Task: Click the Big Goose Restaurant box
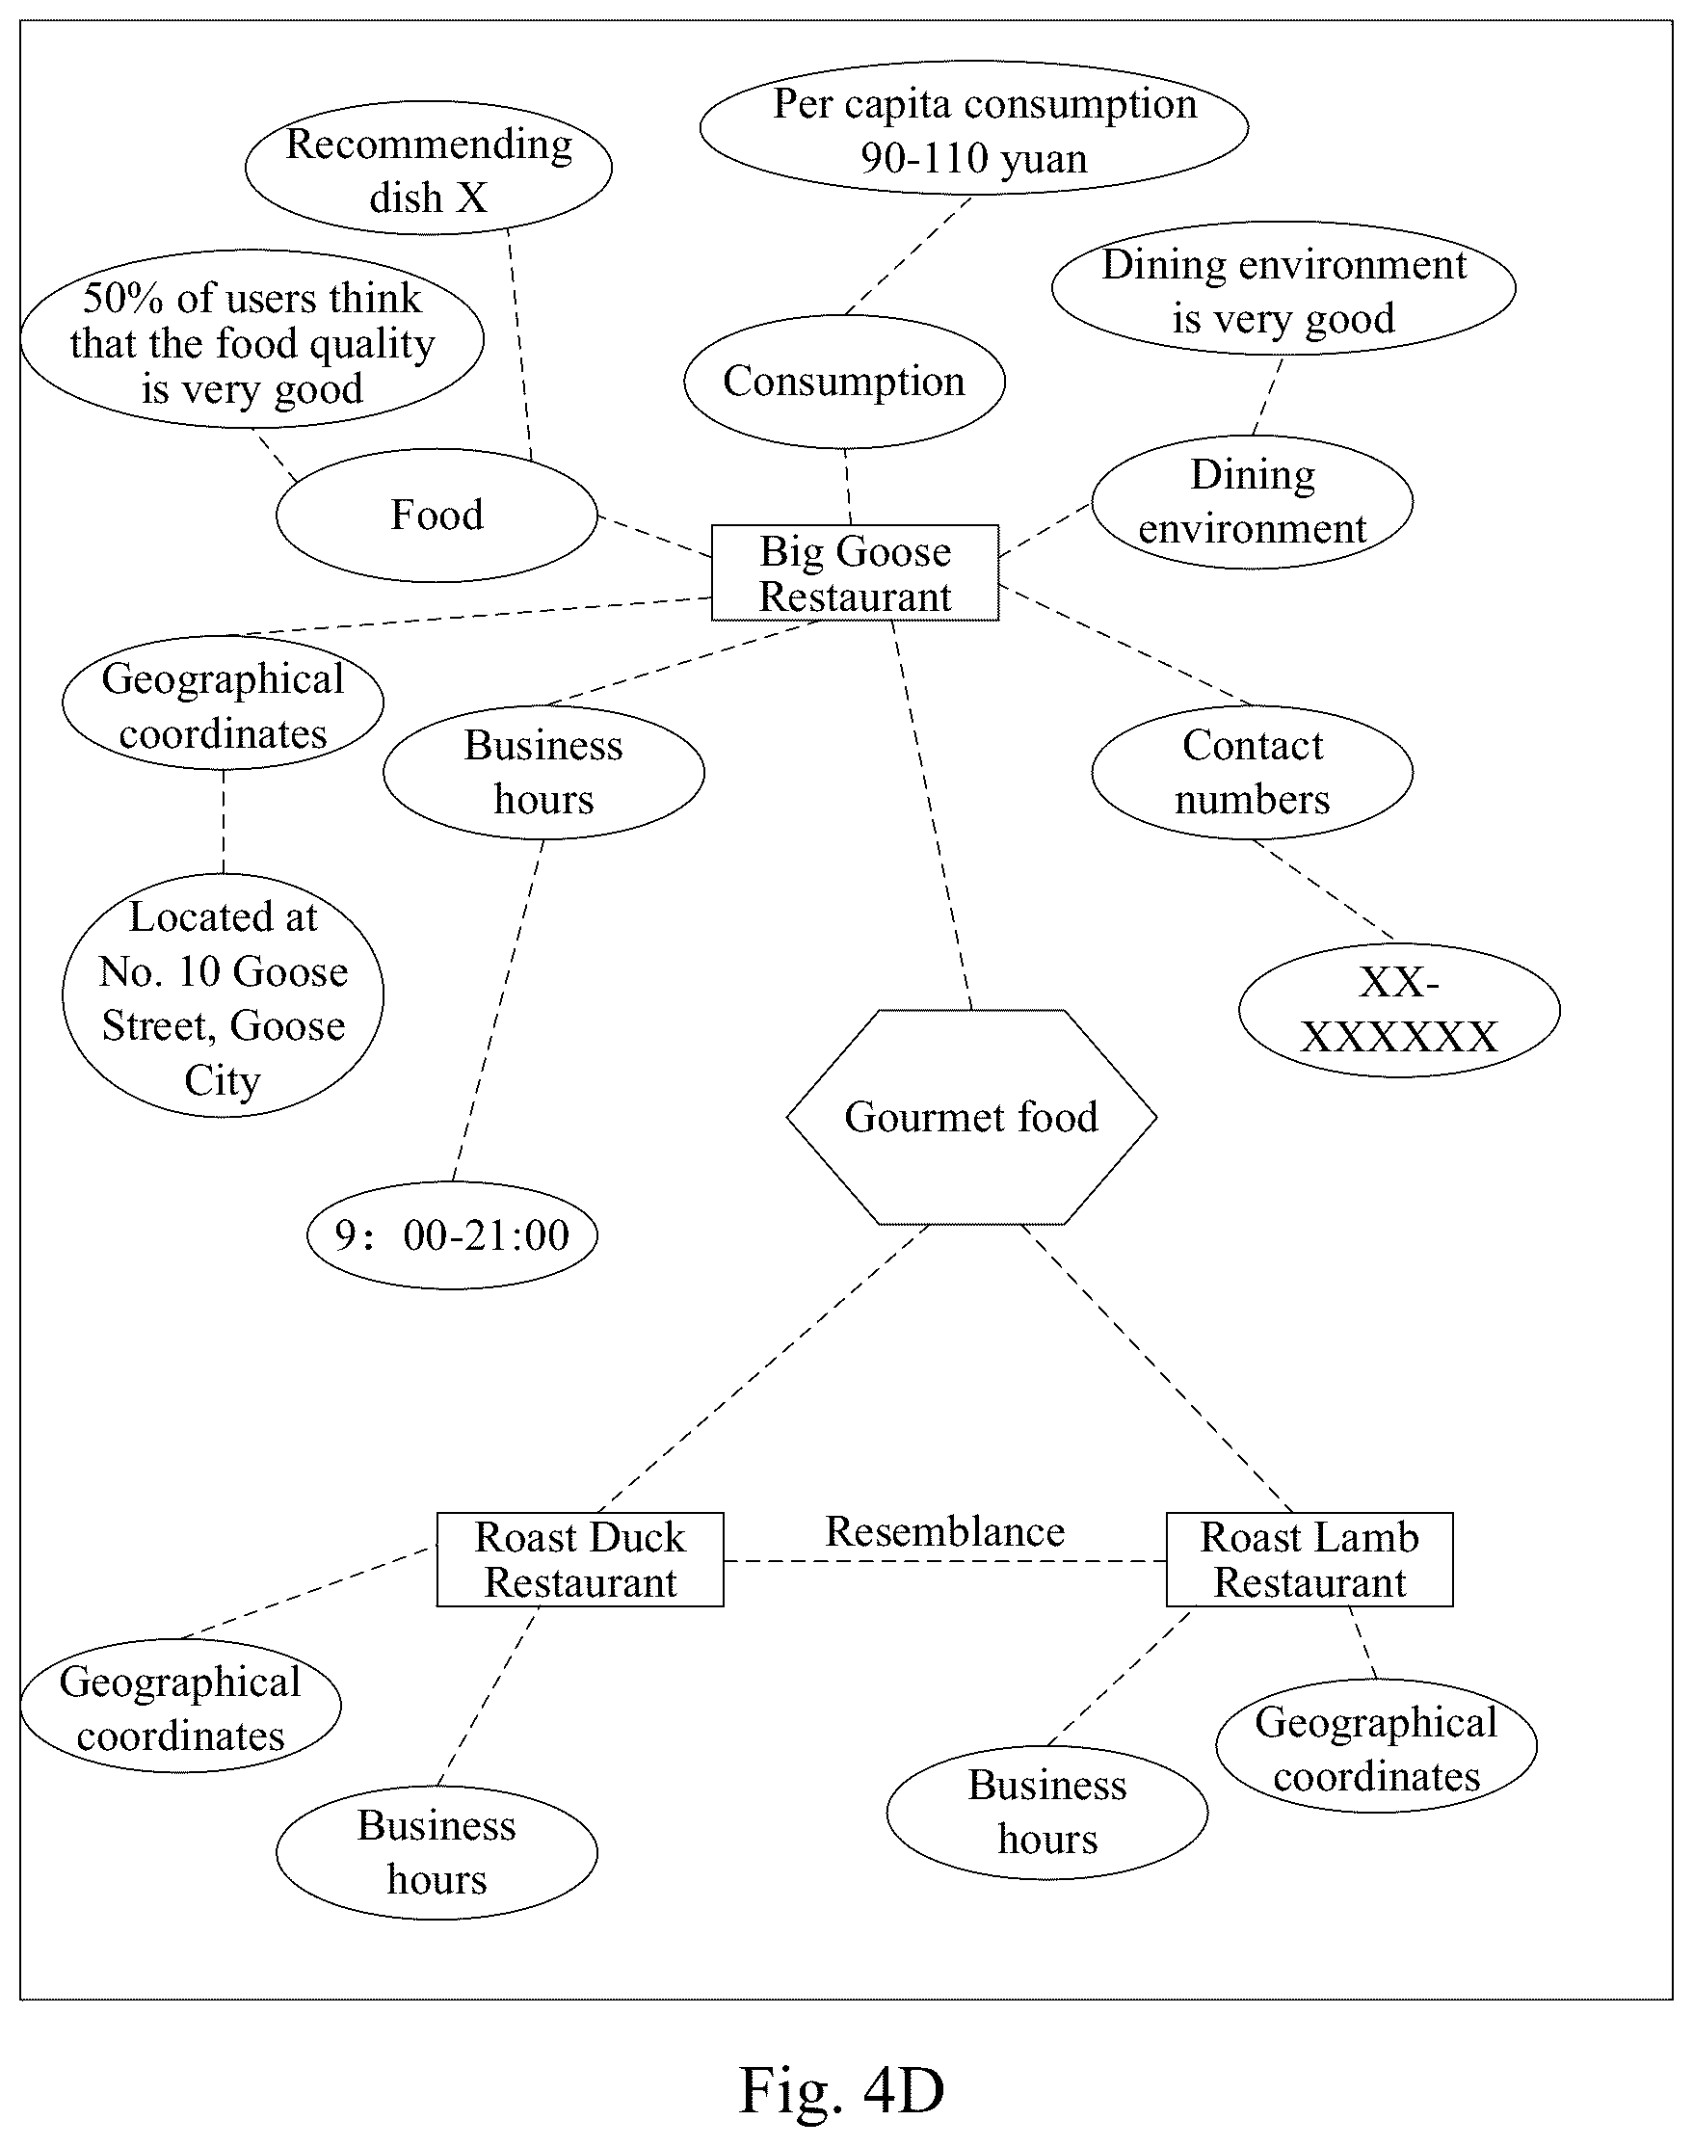point(855,573)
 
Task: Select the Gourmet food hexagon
point(971,1117)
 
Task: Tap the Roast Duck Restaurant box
point(580,1559)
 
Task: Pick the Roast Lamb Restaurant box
point(1309,1559)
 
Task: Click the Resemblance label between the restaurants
point(944,1531)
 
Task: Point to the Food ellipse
point(437,516)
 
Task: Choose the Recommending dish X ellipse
point(428,168)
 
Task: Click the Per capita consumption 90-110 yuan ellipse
point(973,129)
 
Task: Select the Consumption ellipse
point(844,382)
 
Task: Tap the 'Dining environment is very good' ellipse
point(1283,289)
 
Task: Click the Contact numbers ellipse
point(1252,772)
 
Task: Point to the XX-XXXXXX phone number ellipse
point(1398,1010)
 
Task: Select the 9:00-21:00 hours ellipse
point(452,1235)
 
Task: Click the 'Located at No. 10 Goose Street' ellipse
point(223,996)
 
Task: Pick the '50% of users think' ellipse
point(251,340)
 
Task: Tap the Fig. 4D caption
point(841,2090)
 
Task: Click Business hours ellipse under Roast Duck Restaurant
point(437,1852)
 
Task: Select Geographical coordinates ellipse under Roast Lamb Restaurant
point(1376,1746)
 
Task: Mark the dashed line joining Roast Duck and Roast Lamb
point(944,1561)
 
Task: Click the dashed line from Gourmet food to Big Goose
point(932,816)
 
